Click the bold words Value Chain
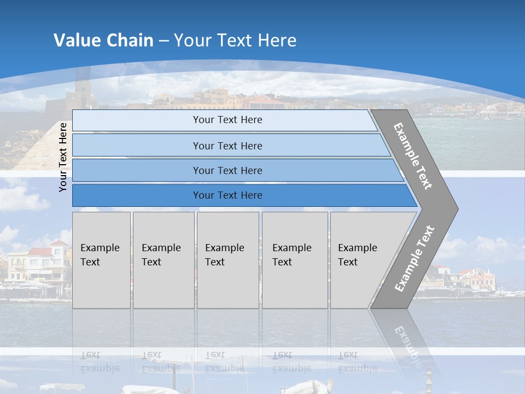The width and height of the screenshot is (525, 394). tap(103, 40)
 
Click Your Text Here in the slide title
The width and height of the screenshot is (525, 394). tap(235, 40)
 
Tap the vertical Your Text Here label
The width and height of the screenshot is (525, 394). tap(63, 157)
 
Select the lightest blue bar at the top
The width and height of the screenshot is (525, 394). tap(224, 120)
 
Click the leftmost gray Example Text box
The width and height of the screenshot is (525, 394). tap(101, 260)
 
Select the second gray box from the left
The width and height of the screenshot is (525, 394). tap(163, 260)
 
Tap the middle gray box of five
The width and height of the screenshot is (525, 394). tap(227, 260)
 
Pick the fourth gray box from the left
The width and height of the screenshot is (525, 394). tap(294, 260)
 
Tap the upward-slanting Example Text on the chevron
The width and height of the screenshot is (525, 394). tap(415, 258)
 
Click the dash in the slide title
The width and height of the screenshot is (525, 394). tap(164, 41)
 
